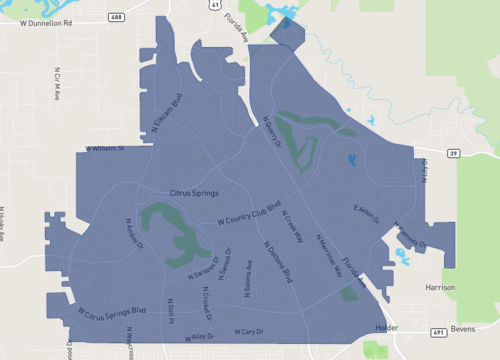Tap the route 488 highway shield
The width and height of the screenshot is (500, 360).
coord(117,18)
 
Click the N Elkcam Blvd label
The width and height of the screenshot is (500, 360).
coord(165,116)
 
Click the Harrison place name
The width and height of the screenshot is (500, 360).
coord(440,287)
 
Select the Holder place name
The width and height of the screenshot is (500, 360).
coord(385,328)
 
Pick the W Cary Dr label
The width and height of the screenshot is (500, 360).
coord(247,331)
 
